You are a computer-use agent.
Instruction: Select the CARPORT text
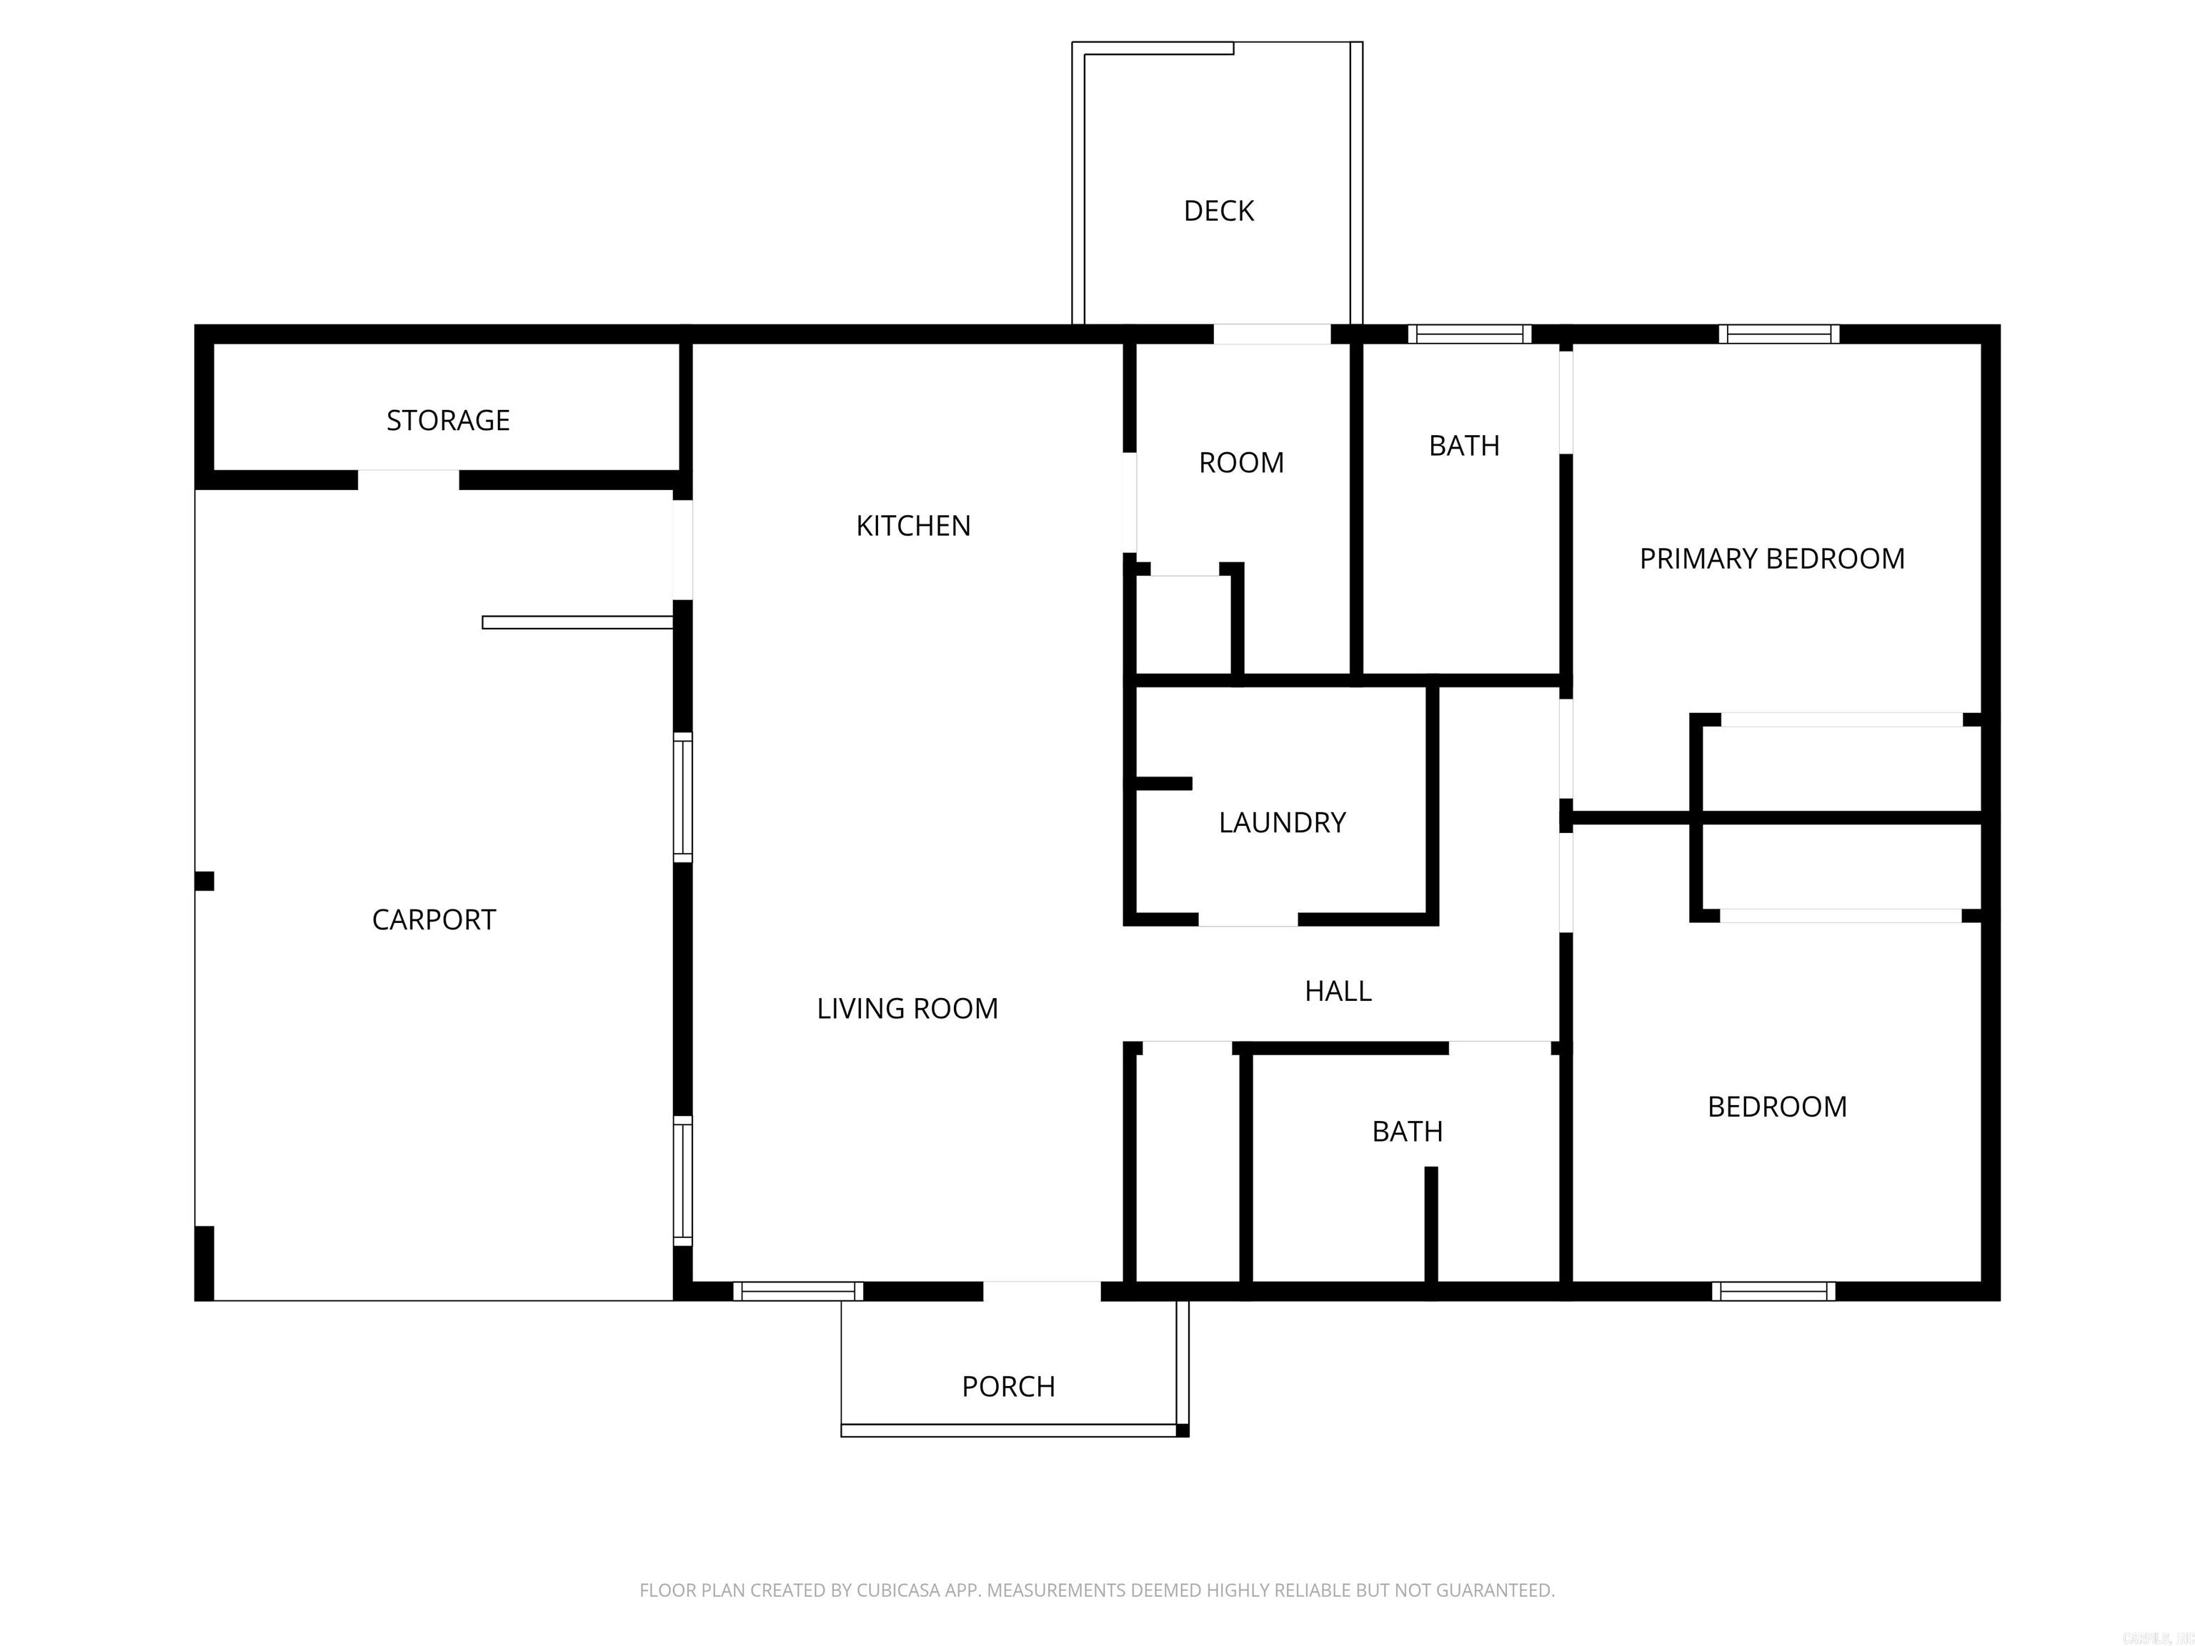tap(434, 919)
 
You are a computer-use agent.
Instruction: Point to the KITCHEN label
tap(913, 526)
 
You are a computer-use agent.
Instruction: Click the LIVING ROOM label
tap(907, 1008)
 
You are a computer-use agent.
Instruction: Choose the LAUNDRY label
tap(1282, 822)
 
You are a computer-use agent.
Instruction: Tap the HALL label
tap(1338, 990)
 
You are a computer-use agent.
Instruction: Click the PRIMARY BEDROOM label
tap(1771, 559)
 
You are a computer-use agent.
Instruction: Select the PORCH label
tap(1008, 1386)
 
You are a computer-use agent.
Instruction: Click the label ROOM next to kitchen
tap(1240, 462)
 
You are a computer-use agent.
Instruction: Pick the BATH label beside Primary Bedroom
tap(1463, 446)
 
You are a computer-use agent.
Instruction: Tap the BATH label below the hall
tap(1407, 1131)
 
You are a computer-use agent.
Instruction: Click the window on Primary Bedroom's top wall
tap(1778, 334)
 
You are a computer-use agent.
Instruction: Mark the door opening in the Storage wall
tap(408, 480)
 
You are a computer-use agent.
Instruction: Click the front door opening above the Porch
tap(1041, 1291)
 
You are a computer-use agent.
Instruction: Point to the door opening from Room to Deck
tap(1271, 334)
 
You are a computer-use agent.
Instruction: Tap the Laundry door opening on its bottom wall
tap(1248, 919)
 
